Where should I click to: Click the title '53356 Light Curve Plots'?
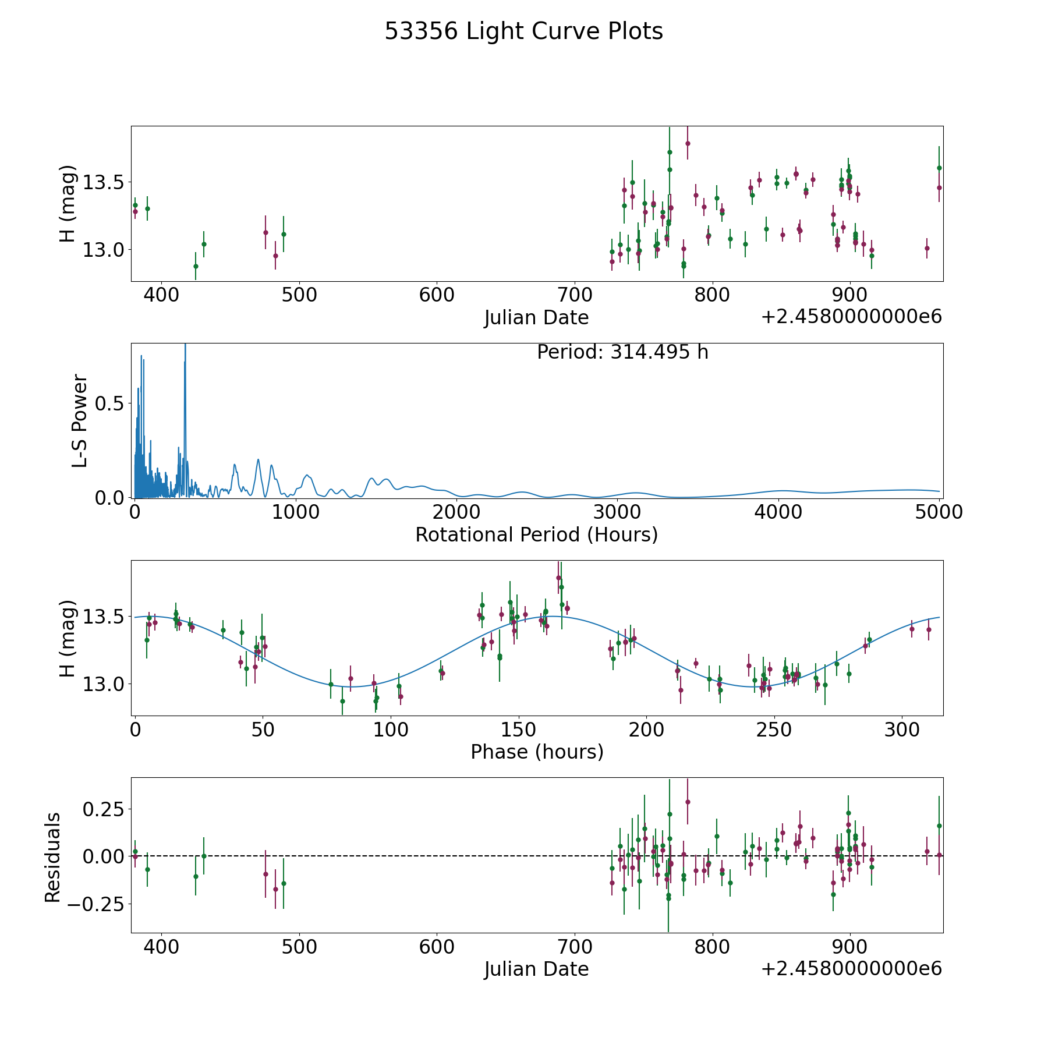(523, 31)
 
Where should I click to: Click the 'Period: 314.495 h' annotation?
(622, 352)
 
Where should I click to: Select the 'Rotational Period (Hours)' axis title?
(536, 534)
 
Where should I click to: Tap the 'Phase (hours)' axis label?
(536, 752)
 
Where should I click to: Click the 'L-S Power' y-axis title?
(80, 420)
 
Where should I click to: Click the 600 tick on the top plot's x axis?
(437, 295)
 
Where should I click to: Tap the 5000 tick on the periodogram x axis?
(939, 512)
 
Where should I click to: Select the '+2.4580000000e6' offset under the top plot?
(851, 317)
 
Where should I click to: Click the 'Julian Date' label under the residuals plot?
(536, 969)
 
